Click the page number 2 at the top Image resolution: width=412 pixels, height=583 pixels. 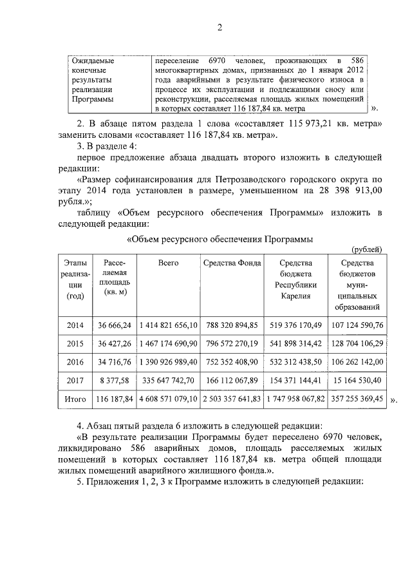click(220, 27)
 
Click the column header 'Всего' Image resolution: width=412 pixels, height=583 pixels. click(168, 263)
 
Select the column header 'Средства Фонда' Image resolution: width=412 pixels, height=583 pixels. click(232, 263)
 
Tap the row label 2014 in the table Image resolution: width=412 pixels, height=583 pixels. click(75, 325)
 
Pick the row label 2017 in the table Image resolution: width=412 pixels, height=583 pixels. click(75, 381)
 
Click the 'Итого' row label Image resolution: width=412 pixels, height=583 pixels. click(75, 399)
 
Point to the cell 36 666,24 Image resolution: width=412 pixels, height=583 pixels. click(115, 325)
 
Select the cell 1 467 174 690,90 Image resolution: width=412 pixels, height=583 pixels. click(168, 343)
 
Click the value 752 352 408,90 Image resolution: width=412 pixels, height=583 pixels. click(232, 362)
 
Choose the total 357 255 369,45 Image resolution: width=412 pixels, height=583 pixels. click(356, 399)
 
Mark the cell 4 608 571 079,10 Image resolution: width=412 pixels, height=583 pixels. click(168, 399)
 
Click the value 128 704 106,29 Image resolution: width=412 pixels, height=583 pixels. click(356, 343)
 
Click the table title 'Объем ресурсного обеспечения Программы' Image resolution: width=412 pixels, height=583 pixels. click(220, 239)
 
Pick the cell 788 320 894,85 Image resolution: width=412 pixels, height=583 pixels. click(232, 325)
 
